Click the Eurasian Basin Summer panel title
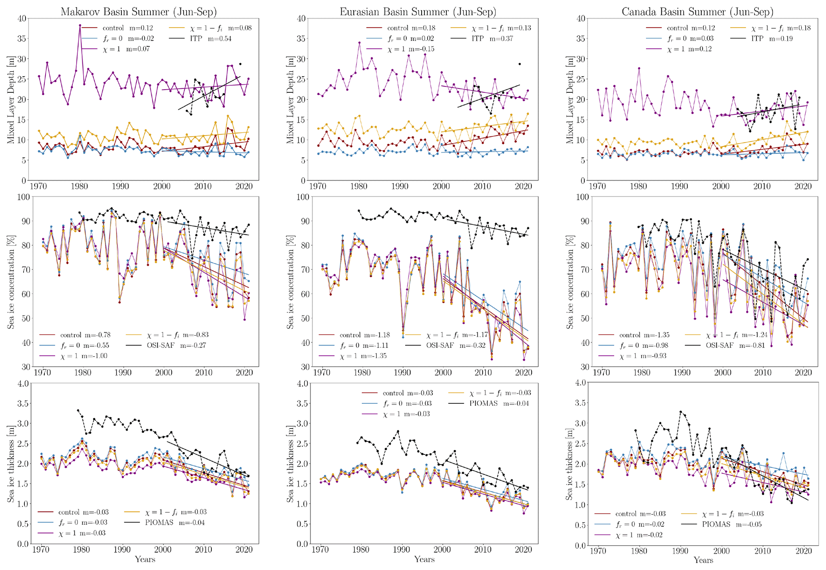[x=418, y=12]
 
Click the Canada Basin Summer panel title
[x=697, y=12]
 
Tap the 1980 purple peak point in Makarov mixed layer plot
[x=80, y=26]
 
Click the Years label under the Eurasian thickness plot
[x=424, y=559]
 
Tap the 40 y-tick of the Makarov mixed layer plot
[x=22, y=18]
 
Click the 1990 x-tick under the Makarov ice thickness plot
[x=123, y=550]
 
